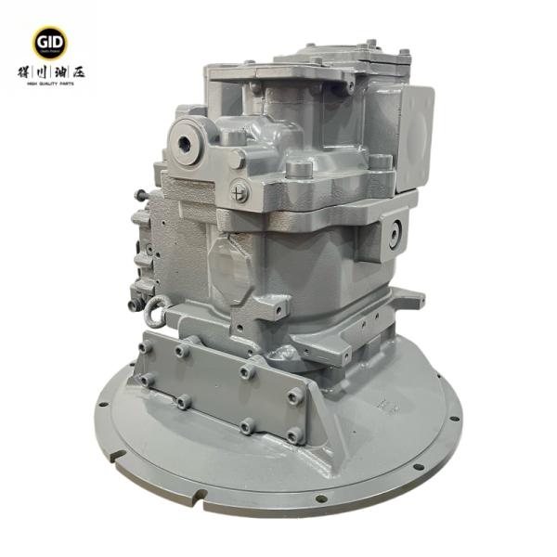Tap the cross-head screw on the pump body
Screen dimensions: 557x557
point(240,192)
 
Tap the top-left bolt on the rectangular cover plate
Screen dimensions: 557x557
point(147,346)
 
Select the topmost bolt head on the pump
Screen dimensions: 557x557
point(370,43)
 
